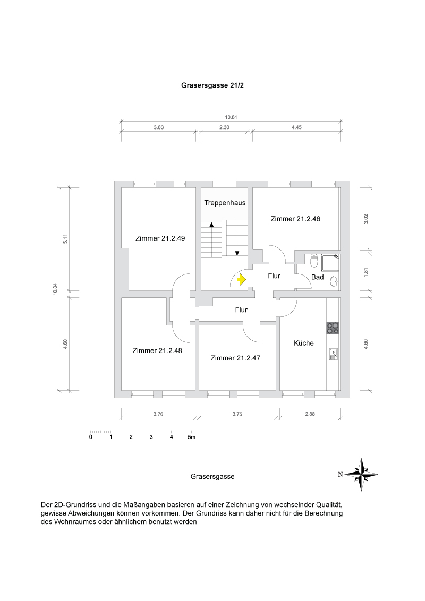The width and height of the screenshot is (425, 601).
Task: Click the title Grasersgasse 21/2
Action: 212,85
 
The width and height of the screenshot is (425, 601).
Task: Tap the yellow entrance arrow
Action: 242,279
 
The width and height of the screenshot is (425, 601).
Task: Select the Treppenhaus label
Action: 225,203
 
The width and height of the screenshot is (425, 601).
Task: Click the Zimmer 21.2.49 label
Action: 160,238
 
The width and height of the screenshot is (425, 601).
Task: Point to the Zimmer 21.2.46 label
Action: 295,219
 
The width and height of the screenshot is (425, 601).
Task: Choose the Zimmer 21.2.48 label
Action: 158,350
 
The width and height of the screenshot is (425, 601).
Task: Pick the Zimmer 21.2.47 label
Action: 235,358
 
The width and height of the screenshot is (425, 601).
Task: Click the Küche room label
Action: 304,343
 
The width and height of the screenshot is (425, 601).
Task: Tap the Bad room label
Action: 317,277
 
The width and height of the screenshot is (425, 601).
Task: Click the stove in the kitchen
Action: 333,328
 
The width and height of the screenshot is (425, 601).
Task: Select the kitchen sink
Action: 333,353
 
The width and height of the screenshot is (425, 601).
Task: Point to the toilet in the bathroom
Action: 314,261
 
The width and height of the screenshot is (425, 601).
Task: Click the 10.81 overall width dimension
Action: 231,118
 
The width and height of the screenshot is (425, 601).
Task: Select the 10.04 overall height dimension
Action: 55,289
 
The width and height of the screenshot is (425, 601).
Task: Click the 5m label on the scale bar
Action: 191,437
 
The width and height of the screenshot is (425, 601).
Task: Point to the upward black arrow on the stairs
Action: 211,225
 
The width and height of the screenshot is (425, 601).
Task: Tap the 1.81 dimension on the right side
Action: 365,271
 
